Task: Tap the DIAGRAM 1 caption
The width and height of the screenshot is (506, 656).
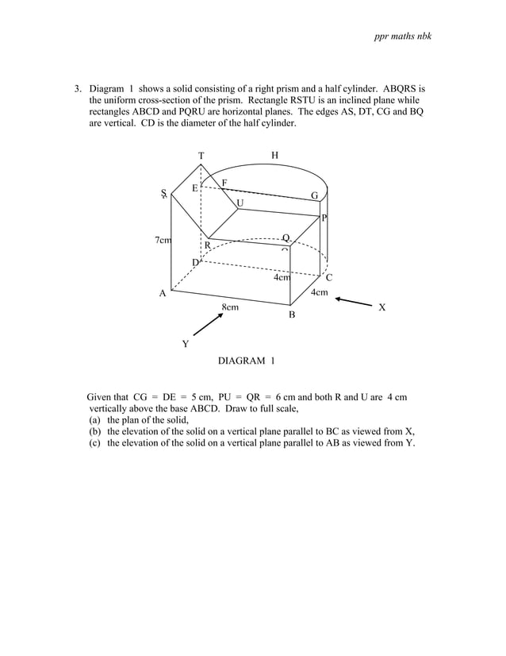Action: click(246, 361)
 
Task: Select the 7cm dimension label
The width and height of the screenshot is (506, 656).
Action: click(163, 240)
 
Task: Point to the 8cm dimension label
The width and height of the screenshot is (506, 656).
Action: click(230, 306)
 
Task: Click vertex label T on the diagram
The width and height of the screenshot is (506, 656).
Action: click(201, 156)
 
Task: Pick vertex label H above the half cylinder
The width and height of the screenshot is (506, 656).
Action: click(274, 156)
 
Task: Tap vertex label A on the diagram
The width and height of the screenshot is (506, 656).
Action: click(163, 294)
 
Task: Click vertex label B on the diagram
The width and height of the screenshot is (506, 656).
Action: click(291, 315)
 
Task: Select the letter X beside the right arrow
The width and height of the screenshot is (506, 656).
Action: click(381, 307)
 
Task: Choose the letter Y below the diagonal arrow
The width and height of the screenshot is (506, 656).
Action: click(186, 344)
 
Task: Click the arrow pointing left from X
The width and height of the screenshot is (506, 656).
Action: click(353, 302)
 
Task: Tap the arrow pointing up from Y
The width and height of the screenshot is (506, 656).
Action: click(208, 323)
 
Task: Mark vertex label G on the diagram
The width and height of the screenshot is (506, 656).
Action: click(314, 195)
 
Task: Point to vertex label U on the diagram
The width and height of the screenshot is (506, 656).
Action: click(240, 203)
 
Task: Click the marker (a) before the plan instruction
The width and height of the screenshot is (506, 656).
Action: click(96, 420)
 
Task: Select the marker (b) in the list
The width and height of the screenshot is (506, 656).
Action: click(96, 432)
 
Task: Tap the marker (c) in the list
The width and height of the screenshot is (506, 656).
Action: click(96, 443)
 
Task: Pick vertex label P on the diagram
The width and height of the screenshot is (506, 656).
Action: click(324, 218)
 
